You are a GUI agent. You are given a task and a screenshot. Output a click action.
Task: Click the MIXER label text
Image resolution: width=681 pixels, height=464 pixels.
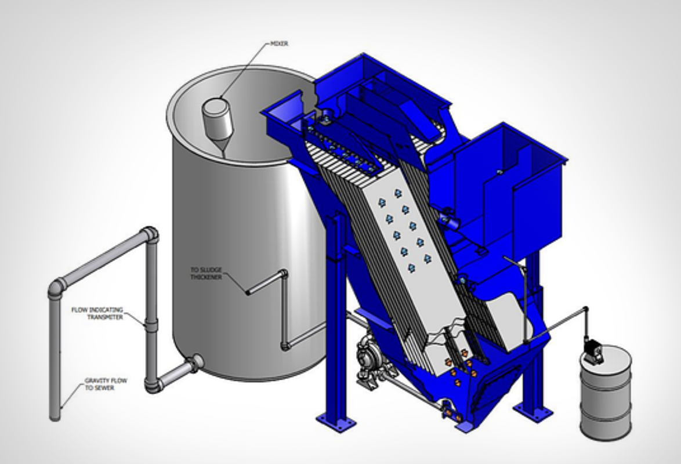(x=279, y=43)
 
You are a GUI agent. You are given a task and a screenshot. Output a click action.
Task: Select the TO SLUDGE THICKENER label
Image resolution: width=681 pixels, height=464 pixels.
(x=207, y=274)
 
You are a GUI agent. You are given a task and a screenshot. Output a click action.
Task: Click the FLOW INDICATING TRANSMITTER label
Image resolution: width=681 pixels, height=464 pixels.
(x=97, y=314)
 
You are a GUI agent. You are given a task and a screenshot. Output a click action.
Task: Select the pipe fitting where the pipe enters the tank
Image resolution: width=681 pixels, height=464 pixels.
(x=196, y=362)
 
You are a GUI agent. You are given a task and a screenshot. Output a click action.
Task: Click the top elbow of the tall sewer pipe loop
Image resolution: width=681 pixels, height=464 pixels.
(x=150, y=234)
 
